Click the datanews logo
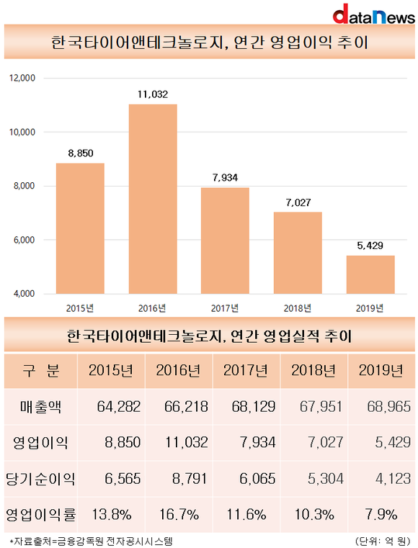373,14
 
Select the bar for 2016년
153,199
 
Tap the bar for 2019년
370,274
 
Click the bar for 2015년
80,228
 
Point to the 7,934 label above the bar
225,178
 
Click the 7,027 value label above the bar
298,202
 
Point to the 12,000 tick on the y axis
22,78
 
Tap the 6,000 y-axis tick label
24,240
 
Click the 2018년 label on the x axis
298,308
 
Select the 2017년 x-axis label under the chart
225,308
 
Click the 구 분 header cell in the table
41,370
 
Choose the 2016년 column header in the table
179,370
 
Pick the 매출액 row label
40,406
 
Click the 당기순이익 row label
40,478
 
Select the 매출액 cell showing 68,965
388,406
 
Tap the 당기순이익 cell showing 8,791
190,478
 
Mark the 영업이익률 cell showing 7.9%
381,514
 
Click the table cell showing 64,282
119,406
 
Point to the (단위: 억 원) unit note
383,541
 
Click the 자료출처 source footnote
91,542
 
